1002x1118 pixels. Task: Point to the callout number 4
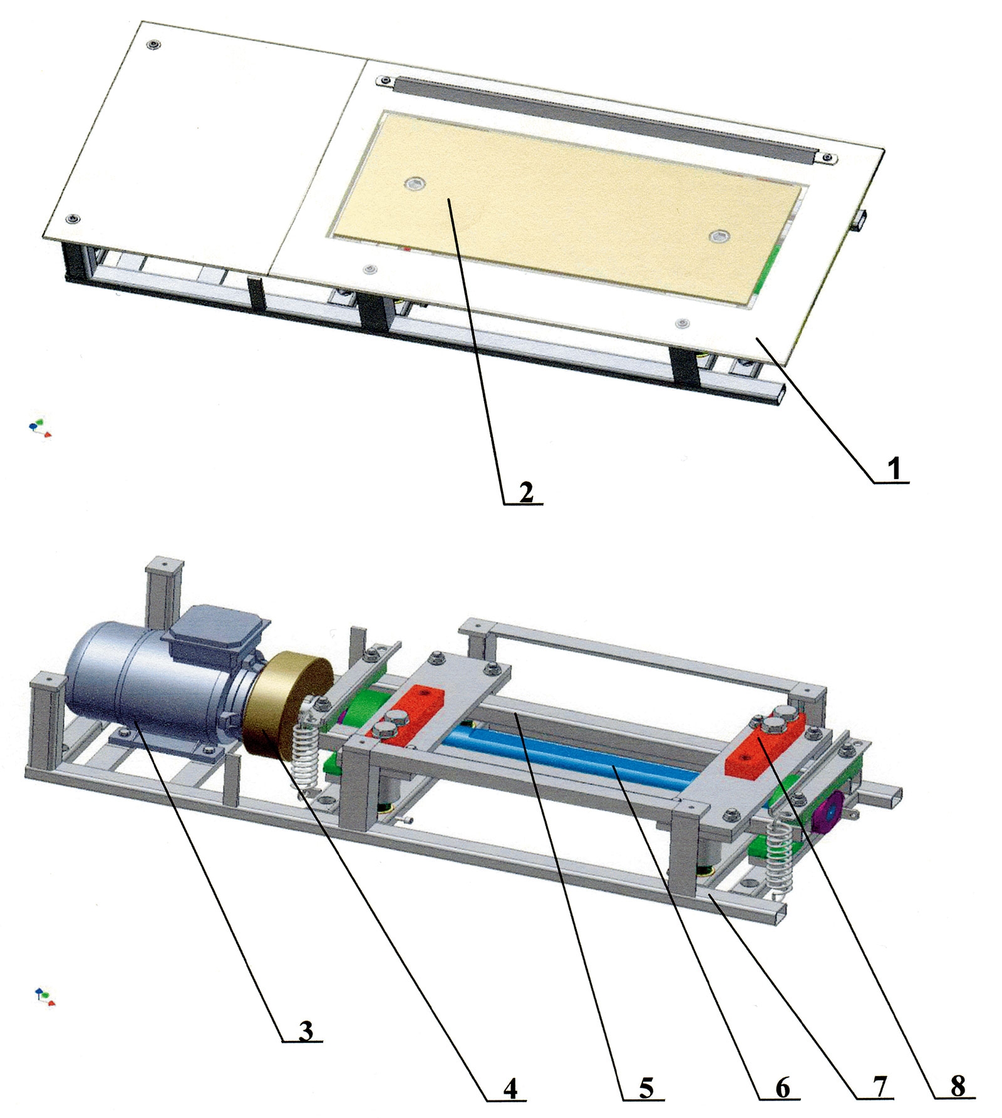[x=510, y=1088]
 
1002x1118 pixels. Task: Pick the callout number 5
[x=646, y=1088]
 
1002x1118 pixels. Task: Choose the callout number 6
[x=783, y=1088]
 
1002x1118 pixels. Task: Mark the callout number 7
[x=880, y=1088]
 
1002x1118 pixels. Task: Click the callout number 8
[x=958, y=1087]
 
